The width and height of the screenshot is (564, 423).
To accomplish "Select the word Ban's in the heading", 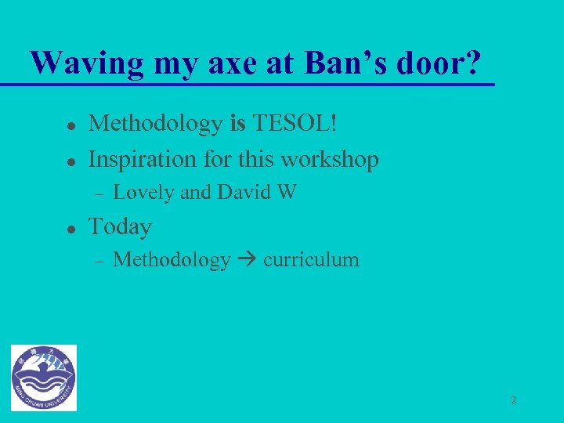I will tap(350, 63).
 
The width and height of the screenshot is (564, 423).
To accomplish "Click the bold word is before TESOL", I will tap(237, 123).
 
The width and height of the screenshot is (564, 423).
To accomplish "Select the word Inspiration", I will tap(144, 159).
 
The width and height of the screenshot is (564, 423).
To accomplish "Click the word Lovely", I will tap(144, 193).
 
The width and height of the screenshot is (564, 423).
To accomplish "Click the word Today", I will tap(120, 227).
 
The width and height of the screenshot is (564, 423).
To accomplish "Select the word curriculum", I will tap(311, 260).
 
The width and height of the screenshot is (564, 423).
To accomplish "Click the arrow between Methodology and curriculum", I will tap(247, 261).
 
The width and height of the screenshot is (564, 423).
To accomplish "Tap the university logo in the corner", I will tap(44, 378).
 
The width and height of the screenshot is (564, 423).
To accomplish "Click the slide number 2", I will tap(513, 400).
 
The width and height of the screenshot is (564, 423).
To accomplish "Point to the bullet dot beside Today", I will tap(70, 229).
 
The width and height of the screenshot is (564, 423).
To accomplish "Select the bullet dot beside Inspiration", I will tap(70, 161).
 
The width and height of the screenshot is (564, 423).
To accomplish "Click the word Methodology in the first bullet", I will tap(155, 123).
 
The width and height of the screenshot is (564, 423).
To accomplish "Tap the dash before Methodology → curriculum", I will tap(98, 261).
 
